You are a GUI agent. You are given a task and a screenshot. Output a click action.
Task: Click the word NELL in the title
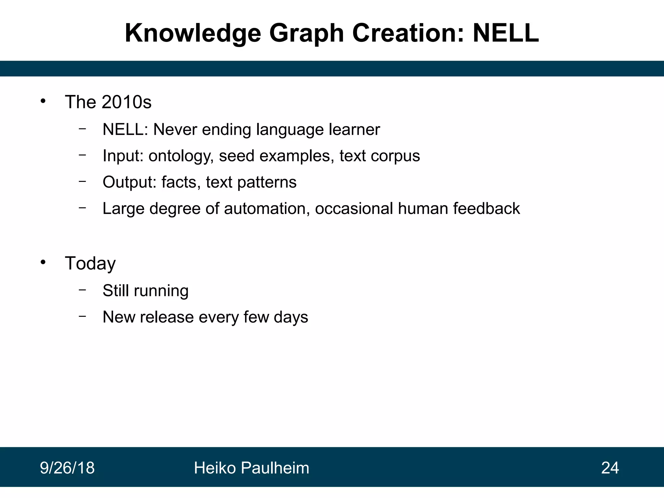(506, 33)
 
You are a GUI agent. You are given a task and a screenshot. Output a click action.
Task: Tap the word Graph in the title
(306, 34)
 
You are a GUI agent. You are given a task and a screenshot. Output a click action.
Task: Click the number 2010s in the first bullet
(126, 102)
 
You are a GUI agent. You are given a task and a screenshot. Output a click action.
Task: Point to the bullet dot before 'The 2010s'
(43, 101)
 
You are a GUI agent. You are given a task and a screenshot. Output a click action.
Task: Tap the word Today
(90, 263)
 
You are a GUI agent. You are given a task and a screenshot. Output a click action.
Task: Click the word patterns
(267, 183)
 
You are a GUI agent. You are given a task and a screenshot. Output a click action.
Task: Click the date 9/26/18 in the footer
(67, 468)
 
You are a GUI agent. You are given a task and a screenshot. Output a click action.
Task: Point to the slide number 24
(610, 468)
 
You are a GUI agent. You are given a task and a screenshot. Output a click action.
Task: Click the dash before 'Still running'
(82, 290)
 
